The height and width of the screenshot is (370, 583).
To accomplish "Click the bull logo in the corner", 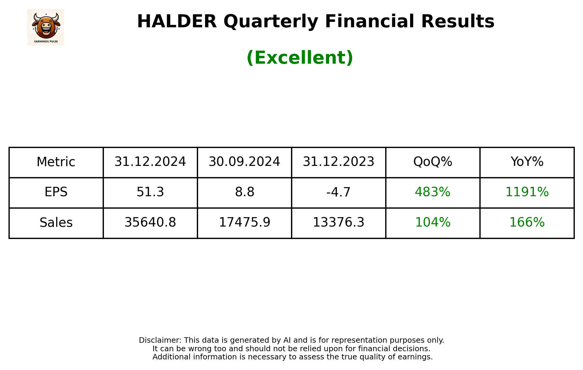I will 46,27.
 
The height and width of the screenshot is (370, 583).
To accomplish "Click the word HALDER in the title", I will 177,22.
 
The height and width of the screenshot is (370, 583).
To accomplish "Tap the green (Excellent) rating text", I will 300,58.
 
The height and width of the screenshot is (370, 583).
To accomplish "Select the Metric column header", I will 56,162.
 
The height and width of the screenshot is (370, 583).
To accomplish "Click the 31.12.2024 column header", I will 150,162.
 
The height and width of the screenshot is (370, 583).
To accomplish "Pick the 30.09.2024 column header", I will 244,162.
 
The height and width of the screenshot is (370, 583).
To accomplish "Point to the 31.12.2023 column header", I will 338,162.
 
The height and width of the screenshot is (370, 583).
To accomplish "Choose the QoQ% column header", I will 433,162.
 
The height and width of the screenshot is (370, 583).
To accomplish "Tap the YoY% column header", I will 527,162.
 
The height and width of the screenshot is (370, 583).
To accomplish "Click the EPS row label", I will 56,192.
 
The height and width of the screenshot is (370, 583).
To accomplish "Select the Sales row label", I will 56,223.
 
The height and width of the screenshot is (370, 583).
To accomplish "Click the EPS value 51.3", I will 150,192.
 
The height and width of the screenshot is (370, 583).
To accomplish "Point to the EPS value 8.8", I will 244,192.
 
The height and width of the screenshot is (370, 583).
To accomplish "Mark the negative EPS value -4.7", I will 338,192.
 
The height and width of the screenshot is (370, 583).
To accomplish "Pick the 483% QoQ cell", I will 433,192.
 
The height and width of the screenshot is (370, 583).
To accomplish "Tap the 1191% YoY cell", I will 527,192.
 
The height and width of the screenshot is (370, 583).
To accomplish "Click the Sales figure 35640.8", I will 150,223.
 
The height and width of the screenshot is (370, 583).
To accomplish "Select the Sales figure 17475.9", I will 244,223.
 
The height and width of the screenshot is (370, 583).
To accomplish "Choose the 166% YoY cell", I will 527,223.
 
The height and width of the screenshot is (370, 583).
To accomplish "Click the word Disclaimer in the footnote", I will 160,340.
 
